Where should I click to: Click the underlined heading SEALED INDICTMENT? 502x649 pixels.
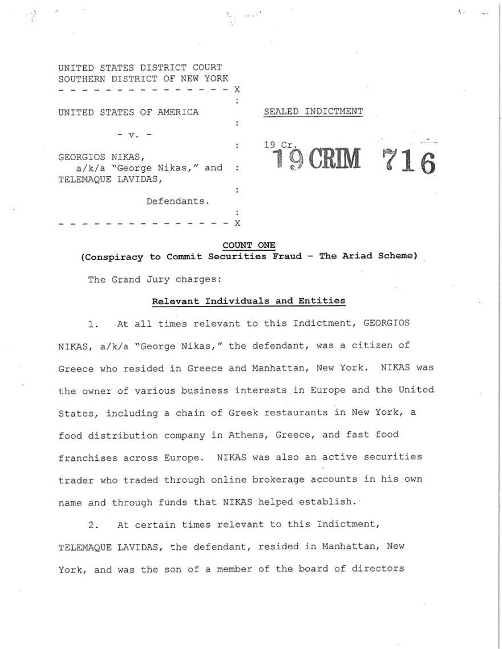click(x=313, y=112)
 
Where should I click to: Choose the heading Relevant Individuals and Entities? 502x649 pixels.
click(x=248, y=301)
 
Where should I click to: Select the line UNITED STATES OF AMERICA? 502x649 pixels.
click(x=128, y=112)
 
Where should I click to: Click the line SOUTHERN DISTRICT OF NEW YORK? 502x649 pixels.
click(x=143, y=79)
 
